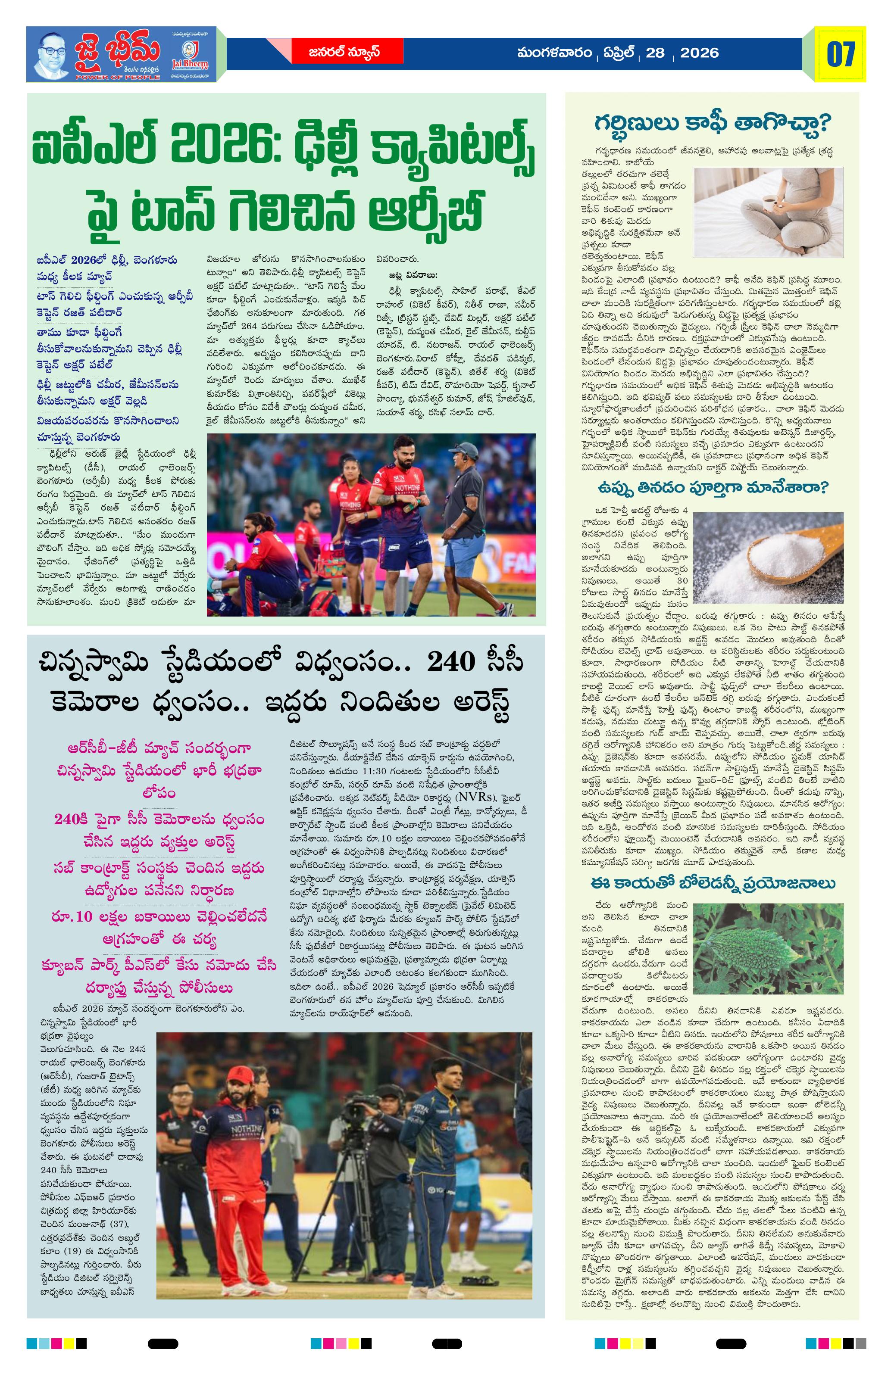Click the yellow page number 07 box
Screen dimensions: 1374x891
840,54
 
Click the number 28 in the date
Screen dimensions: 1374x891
655,53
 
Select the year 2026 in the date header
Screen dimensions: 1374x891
699,53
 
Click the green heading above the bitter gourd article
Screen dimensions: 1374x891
713,884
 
